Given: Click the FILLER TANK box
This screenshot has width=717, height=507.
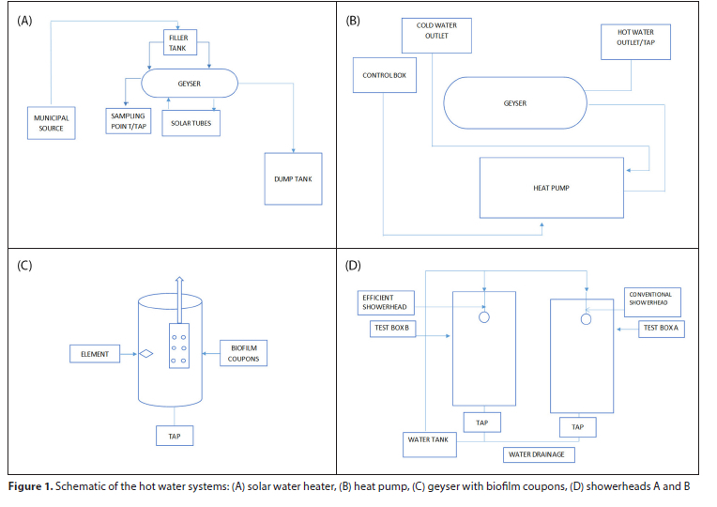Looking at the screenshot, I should click(x=178, y=43).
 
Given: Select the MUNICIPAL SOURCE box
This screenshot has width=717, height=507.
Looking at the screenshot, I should click(x=52, y=123).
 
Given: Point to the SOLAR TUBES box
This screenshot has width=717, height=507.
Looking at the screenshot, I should click(x=191, y=123).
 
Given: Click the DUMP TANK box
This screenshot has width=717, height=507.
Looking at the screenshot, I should click(x=293, y=177).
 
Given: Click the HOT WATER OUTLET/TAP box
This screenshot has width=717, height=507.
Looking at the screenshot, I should click(x=636, y=41).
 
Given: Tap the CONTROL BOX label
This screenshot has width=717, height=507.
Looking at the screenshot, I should click(x=384, y=75).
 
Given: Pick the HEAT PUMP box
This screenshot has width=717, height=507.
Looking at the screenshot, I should click(x=551, y=187).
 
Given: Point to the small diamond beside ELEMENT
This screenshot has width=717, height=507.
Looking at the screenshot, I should click(x=146, y=354).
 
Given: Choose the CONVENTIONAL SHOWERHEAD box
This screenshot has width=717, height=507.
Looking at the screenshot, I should click(x=650, y=300).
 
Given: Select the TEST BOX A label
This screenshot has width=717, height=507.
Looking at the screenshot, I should click(x=662, y=328).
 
